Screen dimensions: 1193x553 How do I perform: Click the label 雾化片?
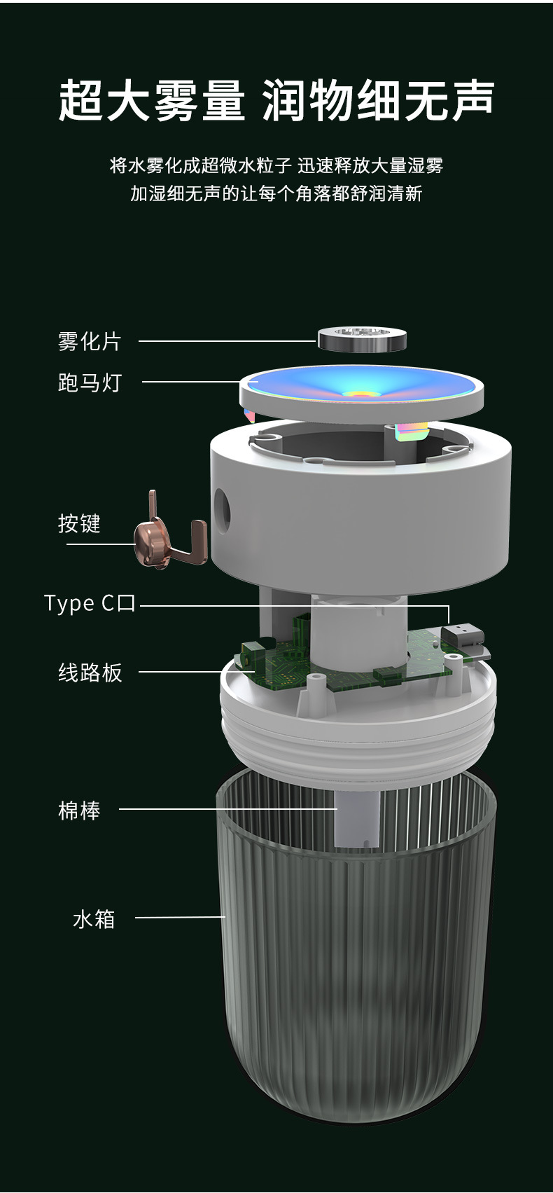click(90, 342)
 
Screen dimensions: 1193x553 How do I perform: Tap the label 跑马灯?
click(90, 382)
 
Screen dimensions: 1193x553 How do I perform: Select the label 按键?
click(79, 523)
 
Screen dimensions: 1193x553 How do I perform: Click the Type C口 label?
click(90, 603)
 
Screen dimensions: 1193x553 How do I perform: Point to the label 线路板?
click(90, 673)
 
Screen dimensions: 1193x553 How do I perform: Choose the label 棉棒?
click(79, 811)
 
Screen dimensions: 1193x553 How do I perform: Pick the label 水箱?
click(94, 918)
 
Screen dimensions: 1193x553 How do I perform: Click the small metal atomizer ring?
click(362, 339)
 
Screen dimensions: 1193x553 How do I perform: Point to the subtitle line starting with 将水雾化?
click(276, 166)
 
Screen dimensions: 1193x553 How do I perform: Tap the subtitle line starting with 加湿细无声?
click(276, 193)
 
